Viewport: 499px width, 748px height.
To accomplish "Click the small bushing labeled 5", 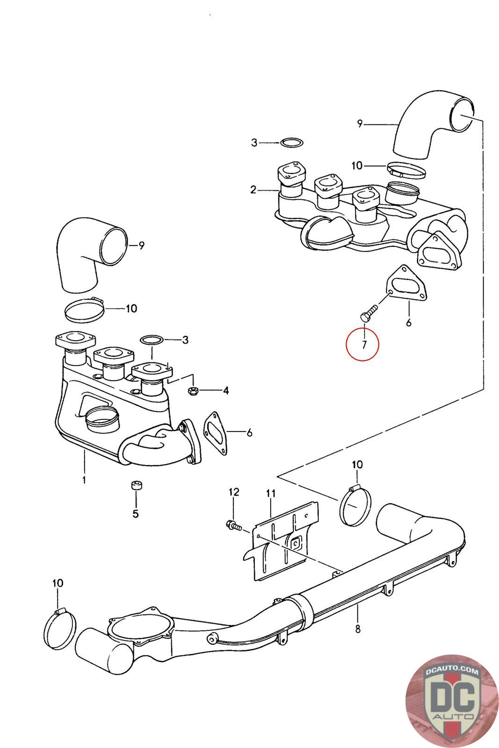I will point(136,486).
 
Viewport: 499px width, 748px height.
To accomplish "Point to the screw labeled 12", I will point(232,525).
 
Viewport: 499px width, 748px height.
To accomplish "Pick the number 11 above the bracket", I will point(271,493).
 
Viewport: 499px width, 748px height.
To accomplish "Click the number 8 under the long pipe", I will point(358,629).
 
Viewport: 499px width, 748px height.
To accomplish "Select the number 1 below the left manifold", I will point(84,480).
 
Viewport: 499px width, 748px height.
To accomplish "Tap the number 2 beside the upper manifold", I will point(253,189).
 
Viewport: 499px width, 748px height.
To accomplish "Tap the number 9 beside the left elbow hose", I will point(142,245).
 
